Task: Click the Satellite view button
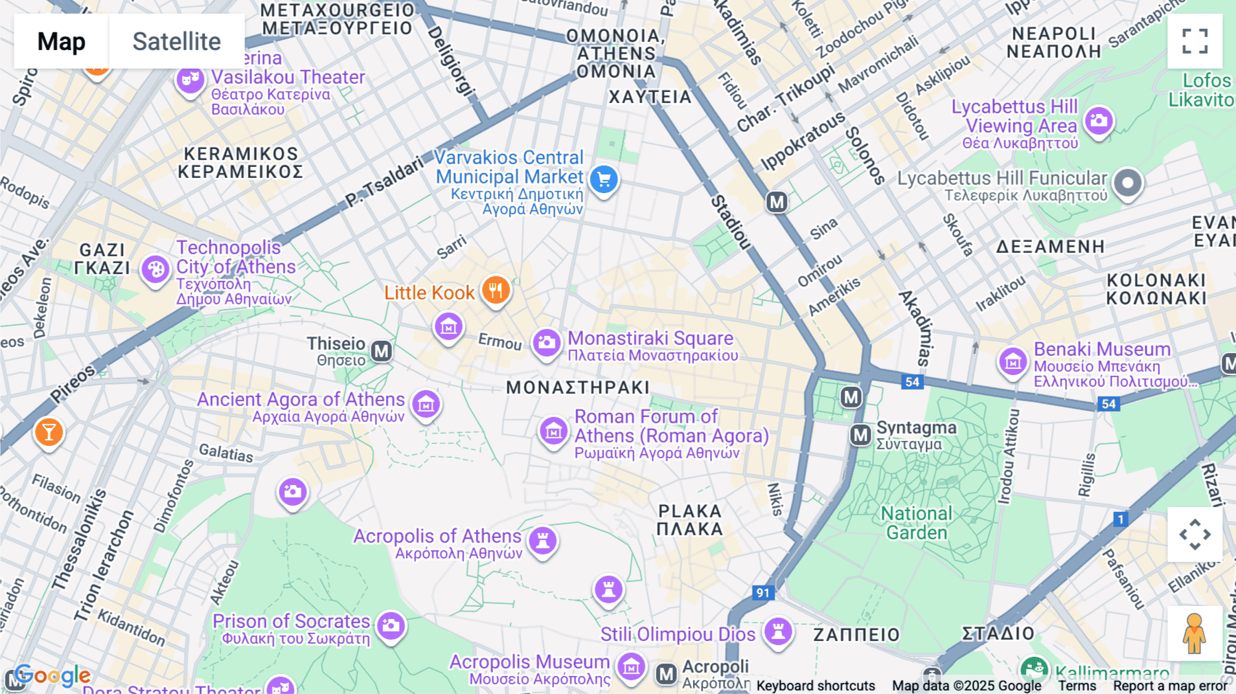click(x=176, y=41)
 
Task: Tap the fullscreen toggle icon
click(x=1195, y=41)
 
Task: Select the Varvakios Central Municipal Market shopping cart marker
click(x=604, y=180)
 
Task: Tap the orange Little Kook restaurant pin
click(x=495, y=291)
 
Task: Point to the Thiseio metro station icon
click(x=382, y=352)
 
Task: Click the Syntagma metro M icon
click(x=860, y=435)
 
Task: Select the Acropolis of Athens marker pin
click(x=542, y=540)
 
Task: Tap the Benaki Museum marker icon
click(x=1013, y=361)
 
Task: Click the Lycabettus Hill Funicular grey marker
click(x=1128, y=183)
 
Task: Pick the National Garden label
click(x=917, y=523)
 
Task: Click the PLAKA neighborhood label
click(x=690, y=520)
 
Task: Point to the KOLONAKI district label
click(x=1156, y=289)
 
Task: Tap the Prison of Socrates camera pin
click(x=391, y=625)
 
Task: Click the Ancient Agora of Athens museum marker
click(x=426, y=404)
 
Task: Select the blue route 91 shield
click(x=763, y=592)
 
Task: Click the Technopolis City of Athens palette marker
click(x=156, y=269)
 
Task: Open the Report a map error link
click(x=1169, y=686)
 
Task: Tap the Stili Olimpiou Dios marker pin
click(x=778, y=631)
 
